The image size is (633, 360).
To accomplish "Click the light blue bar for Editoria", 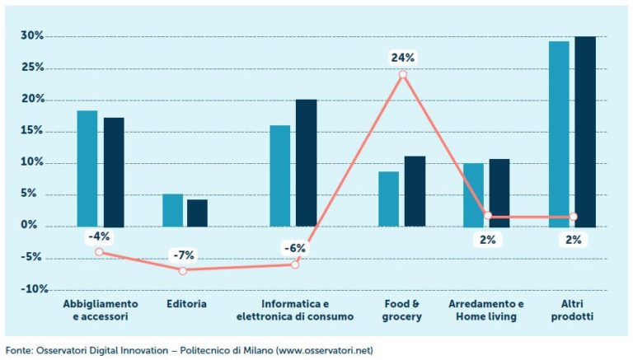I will pos(172,210).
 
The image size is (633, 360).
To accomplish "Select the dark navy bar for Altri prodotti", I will pos(584,132).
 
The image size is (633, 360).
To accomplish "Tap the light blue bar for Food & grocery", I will pos(389,199).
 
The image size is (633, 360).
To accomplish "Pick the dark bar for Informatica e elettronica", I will pos(306,162).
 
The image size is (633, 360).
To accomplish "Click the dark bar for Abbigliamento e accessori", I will pos(114,171).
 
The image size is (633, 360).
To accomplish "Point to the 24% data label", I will pos(403,58).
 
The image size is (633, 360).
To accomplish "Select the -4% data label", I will pos(98,236).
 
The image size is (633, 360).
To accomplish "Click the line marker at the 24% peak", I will pos(403,75).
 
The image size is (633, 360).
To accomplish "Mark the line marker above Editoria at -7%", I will pos(183,270).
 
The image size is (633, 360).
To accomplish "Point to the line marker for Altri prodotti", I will pos(574,217).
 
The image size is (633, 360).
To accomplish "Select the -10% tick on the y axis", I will pos(30,290).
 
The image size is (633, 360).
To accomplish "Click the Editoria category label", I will pos(185,304).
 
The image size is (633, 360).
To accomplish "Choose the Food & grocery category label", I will pos(402,310).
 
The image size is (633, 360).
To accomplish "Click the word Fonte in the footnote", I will pos(19,349).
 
